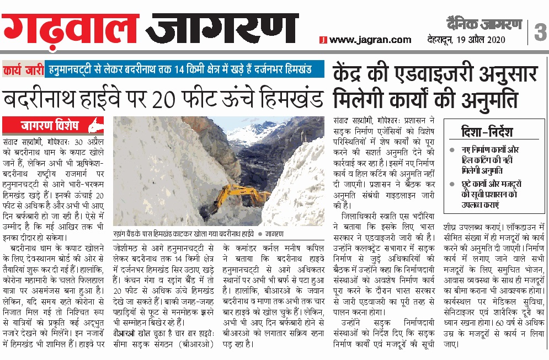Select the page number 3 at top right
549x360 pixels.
(539, 32)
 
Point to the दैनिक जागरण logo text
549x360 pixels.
(484, 24)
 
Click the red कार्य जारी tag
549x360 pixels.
(23, 70)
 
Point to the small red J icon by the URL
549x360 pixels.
(324, 40)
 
